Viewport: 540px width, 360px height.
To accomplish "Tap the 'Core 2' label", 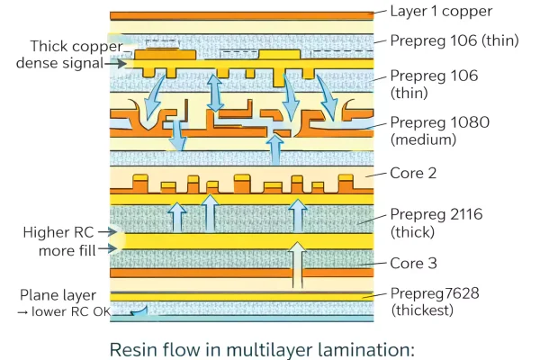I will coord(413,173).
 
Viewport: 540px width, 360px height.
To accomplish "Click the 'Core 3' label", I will coord(413,265).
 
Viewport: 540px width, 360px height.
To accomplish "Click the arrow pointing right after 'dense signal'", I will coord(118,63).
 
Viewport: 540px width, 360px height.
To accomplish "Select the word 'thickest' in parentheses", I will coord(423,310).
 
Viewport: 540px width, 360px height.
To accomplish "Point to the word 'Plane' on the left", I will coord(40,295).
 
